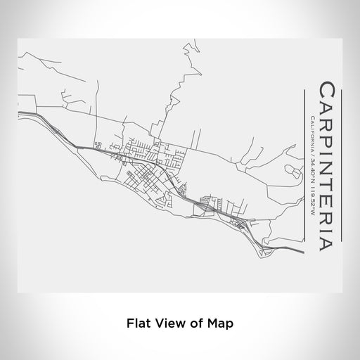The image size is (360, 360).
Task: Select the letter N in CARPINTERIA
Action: point(328,165)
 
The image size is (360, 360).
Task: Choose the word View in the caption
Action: point(169,325)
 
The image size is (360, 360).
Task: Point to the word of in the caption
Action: point(196,325)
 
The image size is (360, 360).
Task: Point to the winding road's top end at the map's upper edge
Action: point(186,42)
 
